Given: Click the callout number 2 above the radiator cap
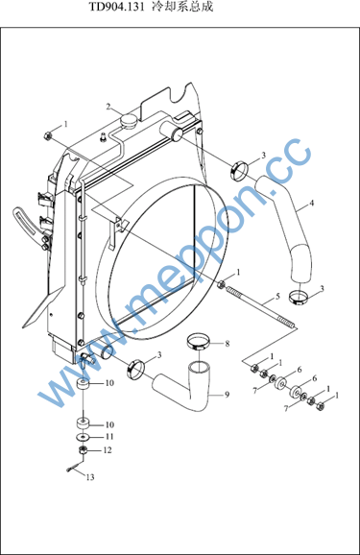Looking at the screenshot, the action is pyautogui.click(x=108, y=107).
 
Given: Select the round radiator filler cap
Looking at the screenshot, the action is pyautogui.click(x=129, y=120).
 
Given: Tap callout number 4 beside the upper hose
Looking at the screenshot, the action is pyautogui.click(x=311, y=203).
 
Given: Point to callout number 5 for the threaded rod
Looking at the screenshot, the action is pyautogui.click(x=277, y=296).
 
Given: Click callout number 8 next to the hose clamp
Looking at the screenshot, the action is pyautogui.click(x=228, y=343).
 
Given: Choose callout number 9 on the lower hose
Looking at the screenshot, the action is pyautogui.click(x=227, y=394).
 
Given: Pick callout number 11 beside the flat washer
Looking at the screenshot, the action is pyautogui.click(x=109, y=437).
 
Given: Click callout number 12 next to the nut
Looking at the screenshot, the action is pyautogui.click(x=108, y=450).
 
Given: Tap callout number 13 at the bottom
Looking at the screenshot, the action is pyautogui.click(x=90, y=477).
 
